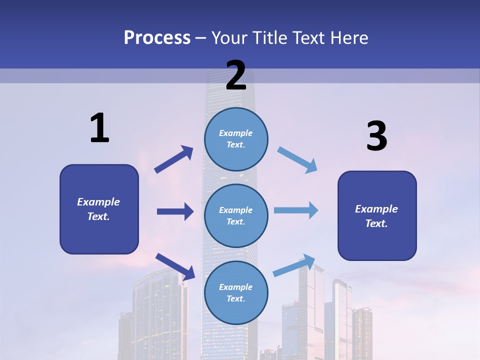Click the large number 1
[99, 128]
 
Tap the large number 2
[236, 75]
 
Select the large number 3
[376, 136]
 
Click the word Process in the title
[157, 37]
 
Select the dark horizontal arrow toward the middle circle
[175, 211]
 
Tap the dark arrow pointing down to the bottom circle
[175, 266]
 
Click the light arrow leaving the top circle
[297, 159]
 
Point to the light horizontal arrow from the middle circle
[296, 210]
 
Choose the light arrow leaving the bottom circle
[294, 265]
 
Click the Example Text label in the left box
[98, 209]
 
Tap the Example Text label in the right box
[376, 216]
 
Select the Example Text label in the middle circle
[236, 215]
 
